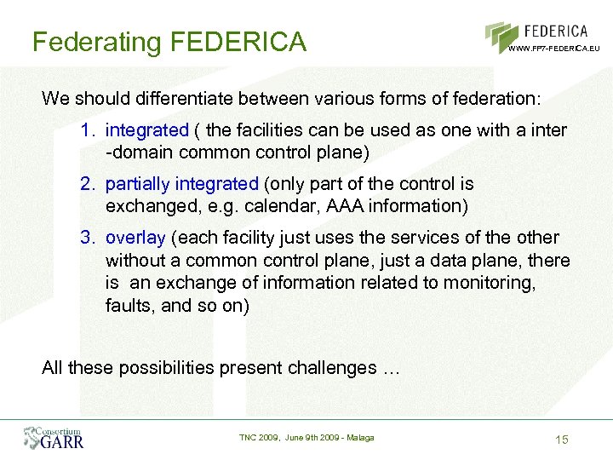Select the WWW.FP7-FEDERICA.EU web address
click(553, 49)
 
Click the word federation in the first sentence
click(493, 98)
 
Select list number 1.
click(88, 130)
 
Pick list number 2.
click(88, 184)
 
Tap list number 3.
click(88, 237)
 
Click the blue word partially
click(138, 184)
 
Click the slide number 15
click(560, 439)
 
